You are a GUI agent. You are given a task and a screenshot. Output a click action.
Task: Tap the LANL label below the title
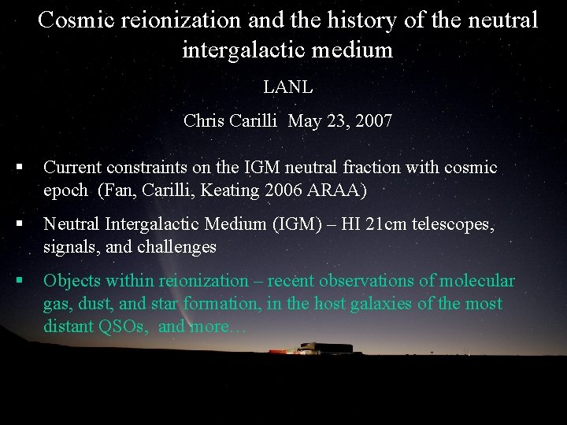click(287, 87)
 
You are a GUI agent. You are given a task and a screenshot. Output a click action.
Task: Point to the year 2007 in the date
click(373, 121)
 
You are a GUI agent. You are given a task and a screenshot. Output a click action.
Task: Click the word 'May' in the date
click(304, 121)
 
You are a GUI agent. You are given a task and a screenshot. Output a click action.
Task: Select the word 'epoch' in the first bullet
click(65, 190)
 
